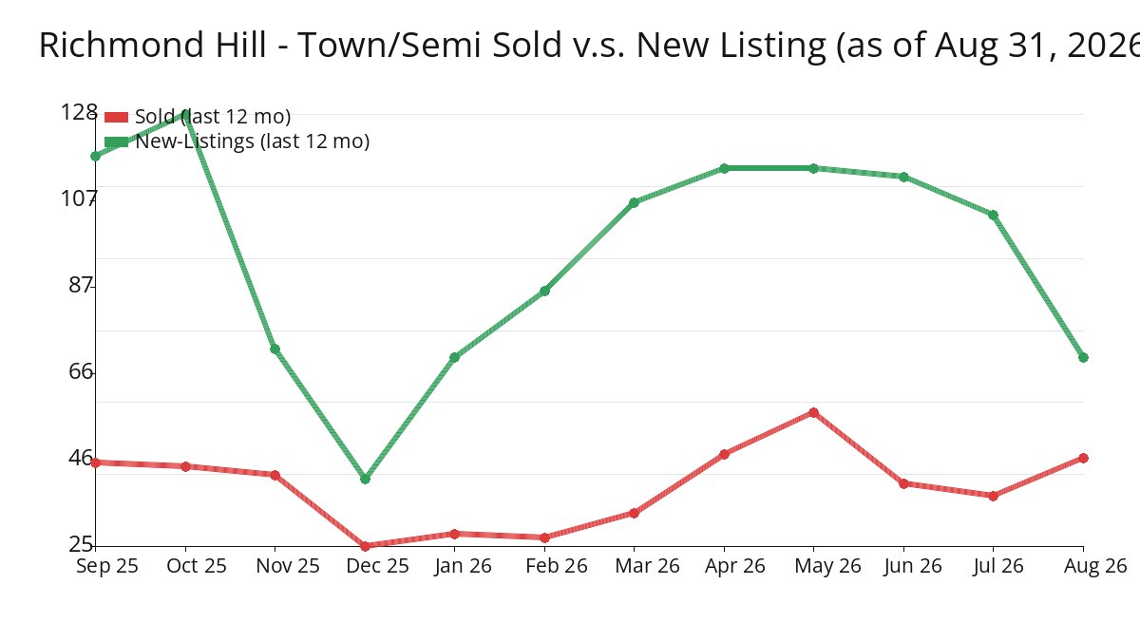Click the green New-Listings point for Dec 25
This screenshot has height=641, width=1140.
click(x=365, y=479)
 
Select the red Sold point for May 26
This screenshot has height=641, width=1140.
click(x=814, y=412)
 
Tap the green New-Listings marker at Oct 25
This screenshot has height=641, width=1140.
click(x=185, y=114)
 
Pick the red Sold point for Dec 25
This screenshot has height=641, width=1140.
click(x=365, y=546)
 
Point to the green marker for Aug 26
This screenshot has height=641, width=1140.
click(x=1083, y=358)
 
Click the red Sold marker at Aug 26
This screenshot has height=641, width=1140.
click(x=1083, y=459)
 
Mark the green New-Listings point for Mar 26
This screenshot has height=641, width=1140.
click(x=635, y=202)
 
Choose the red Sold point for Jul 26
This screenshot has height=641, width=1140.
click(x=994, y=496)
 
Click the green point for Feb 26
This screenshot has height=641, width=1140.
click(x=544, y=291)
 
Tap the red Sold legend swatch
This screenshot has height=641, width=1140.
click(x=116, y=118)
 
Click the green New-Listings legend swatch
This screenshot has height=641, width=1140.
click(x=116, y=141)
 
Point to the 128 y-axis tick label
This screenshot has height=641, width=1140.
click(x=79, y=112)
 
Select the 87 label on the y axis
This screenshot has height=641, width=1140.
click(x=81, y=285)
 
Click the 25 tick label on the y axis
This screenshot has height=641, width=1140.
click(x=81, y=544)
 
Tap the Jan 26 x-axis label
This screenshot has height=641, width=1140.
click(x=464, y=566)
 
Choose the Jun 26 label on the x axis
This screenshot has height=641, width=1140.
click(x=913, y=566)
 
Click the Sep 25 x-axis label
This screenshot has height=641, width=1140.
click(x=107, y=566)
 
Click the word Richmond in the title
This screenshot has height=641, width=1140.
click(x=123, y=45)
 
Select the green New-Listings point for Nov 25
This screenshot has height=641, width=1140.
click(x=275, y=349)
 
